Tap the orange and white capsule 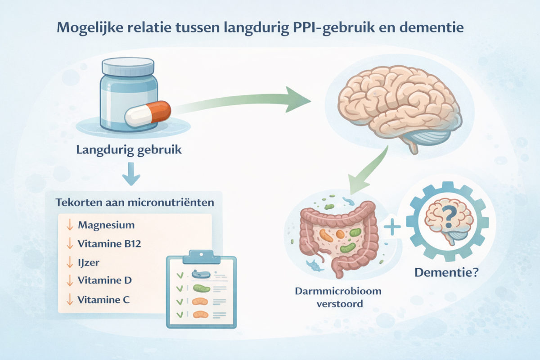148,113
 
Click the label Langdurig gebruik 129,149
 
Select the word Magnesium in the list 106,225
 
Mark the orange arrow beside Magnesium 69,225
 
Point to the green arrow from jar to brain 252,103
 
